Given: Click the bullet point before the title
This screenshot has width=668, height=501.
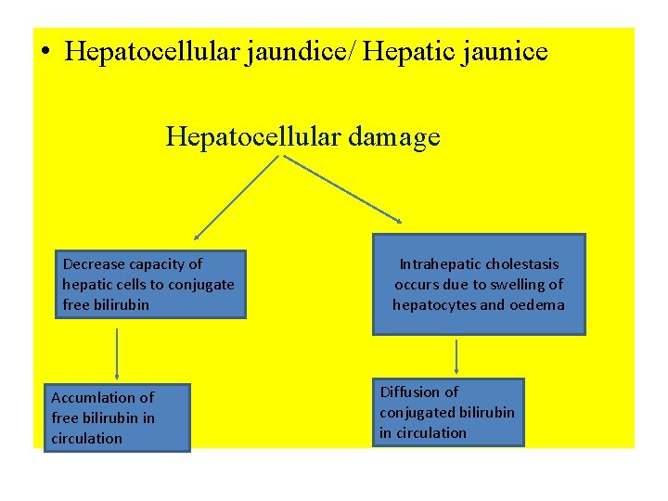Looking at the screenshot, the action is [x=45, y=52].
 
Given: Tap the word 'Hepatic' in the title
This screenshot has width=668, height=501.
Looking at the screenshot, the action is [x=403, y=51].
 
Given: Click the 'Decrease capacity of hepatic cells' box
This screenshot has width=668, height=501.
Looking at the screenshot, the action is [x=150, y=284].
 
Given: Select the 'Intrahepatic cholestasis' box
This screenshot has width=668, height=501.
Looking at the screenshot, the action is [x=479, y=284].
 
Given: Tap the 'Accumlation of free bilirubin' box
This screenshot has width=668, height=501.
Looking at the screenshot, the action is [x=119, y=417].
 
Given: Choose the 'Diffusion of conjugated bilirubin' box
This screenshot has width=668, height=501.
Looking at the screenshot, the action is [x=448, y=412].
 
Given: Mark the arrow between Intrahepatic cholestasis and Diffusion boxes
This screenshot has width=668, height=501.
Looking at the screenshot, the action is [x=456, y=356].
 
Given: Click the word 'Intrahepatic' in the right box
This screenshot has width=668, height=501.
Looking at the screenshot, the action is [x=442, y=264].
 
